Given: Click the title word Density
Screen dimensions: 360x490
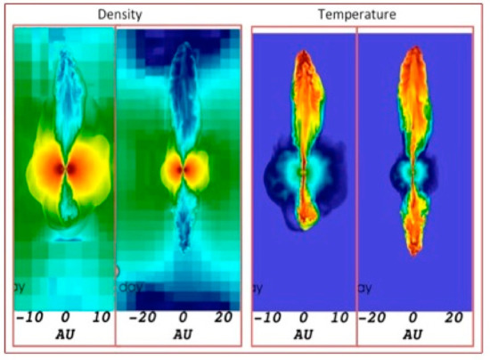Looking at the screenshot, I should (x=122, y=15).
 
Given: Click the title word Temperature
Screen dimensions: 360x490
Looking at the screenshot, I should (x=358, y=15).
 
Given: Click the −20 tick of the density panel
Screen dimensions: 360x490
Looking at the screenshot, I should (x=141, y=317).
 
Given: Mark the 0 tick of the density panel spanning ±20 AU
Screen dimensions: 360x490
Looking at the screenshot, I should (x=183, y=317).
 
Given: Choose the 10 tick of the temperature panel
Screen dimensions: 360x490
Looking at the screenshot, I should (x=339, y=317).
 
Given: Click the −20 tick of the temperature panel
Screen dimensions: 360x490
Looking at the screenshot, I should (x=374, y=317).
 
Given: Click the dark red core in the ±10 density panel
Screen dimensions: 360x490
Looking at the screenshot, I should (x=61, y=168).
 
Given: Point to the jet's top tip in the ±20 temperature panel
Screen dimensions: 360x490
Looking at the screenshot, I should (x=412, y=49).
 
